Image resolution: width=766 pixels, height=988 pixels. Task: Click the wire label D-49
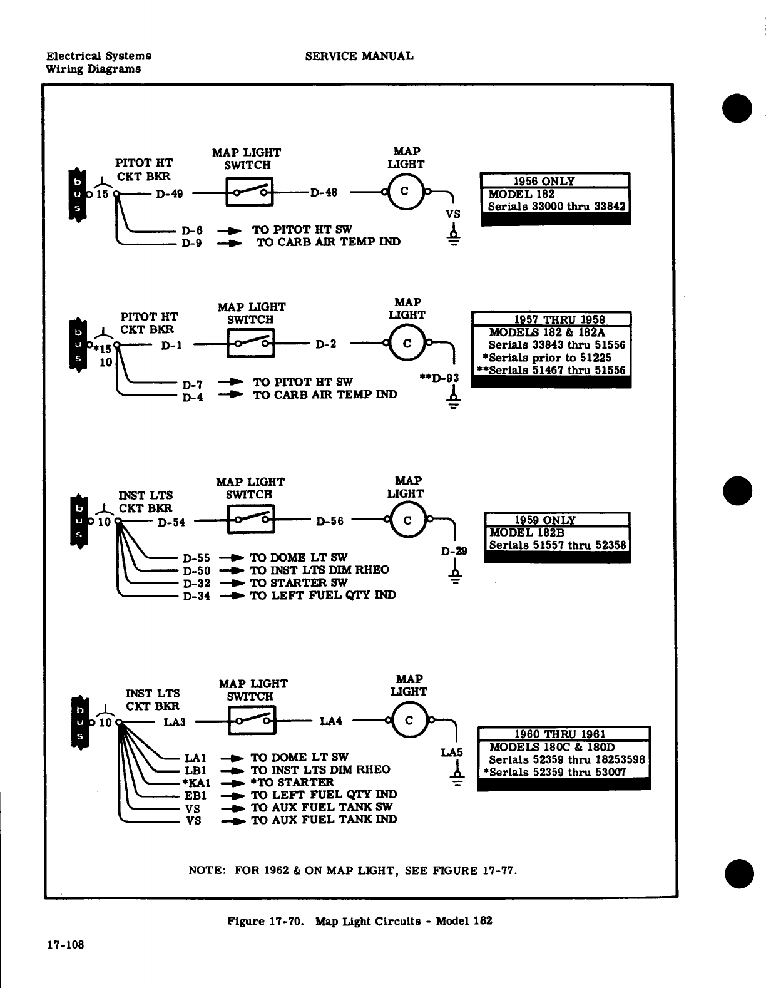pyautogui.click(x=169, y=194)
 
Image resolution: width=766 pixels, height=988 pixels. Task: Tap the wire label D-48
pyautogui.click(x=324, y=193)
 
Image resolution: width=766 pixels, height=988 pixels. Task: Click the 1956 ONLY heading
pyautogui.click(x=543, y=181)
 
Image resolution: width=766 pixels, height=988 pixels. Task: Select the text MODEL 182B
pyautogui.click(x=520, y=532)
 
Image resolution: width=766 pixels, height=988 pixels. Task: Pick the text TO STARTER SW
pyautogui.click(x=299, y=582)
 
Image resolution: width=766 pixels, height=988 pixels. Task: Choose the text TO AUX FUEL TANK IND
pyautogui.click(x=324, y=820)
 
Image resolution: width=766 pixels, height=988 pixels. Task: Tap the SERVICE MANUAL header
pyautogui.click(x=359, y=56)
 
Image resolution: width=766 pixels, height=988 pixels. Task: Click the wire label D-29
pyautogui.click(x=454, y=552)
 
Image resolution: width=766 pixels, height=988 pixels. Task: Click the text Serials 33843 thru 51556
pyautogui.click(x=556, y=345)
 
